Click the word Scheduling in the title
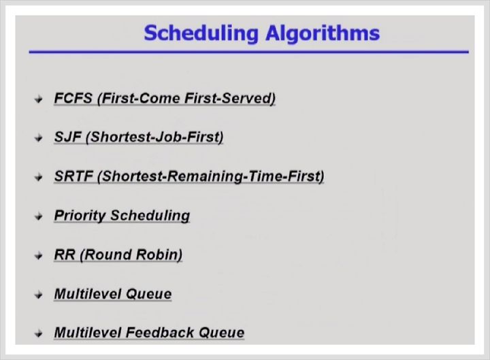tap(201, 33)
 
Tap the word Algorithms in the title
tap(323, 33)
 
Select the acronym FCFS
tap(73, 98)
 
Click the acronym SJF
tap(67, 137)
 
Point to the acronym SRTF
tap(73, 176)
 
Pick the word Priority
tap(80, 216)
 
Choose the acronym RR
tap(65, 255)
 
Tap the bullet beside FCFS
tap(38, 99)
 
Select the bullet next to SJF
tap(38, 138)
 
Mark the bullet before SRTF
tap(38, 178)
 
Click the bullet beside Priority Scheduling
tap(38, 216)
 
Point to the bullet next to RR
tap(38, 256)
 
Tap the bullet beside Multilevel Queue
tap(38, 295)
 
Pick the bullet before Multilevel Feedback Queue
tap(38, 333)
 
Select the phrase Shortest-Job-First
tap(154, 137)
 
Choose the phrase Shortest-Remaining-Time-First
tap(211, 176)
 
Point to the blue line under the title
tap(249, 52)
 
